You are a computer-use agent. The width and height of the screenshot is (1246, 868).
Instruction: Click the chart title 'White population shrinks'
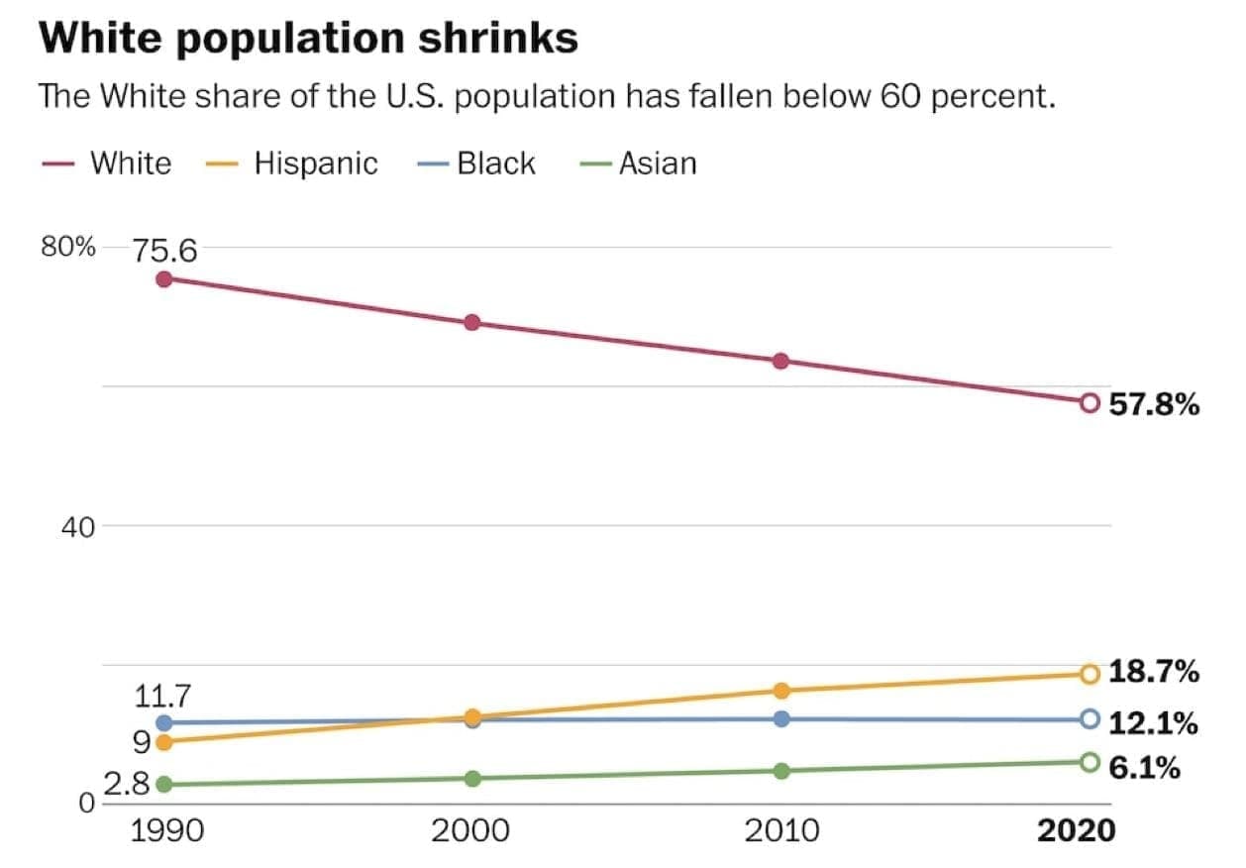coord(307,39)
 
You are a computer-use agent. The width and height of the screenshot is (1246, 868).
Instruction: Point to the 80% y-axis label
coord(67,248)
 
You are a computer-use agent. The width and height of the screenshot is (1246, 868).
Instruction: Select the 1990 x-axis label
coord(167,829)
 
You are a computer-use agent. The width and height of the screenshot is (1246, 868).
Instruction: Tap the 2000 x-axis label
coord(471,829)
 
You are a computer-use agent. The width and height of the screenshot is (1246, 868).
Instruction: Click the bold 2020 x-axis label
coord(1076,829)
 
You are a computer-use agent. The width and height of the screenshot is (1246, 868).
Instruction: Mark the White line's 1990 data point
coord(164,279)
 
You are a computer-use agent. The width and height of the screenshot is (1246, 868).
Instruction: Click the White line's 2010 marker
coord(780,361)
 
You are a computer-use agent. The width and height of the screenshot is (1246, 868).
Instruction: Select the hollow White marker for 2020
coord(1090,402)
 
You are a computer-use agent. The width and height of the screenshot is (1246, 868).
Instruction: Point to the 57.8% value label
coord(1154,404)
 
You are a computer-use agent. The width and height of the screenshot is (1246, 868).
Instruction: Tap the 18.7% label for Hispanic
coord(1154,672)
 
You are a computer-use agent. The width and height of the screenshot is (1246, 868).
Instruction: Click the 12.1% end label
coord(1153,723)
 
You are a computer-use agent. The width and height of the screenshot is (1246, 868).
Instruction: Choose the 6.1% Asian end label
coord(1144,767)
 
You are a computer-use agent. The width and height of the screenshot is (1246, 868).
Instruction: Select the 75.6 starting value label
coord(165,251)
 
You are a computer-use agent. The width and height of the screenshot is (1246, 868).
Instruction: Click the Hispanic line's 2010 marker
coord(780,691)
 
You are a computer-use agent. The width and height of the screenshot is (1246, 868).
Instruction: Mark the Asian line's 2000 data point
coord(472,778)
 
